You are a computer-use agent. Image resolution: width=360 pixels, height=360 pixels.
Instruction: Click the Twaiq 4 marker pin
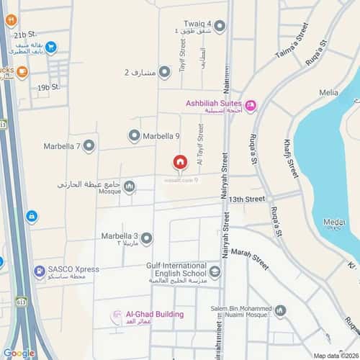pos(220,27)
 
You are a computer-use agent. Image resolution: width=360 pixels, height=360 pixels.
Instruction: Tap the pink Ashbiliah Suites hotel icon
pos(251,107)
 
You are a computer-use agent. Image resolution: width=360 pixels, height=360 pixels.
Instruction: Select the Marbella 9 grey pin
pos(134,135)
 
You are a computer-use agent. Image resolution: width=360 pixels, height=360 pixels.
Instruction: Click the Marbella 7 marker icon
pos(89,146)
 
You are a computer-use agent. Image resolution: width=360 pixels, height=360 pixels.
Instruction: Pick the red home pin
pos(179,163)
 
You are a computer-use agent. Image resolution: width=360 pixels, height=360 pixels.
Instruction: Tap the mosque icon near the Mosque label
pos(130,187)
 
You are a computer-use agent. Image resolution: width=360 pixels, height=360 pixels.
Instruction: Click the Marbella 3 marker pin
pos(147,238)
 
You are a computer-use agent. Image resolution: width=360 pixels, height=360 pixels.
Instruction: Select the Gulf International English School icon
pos(215,271)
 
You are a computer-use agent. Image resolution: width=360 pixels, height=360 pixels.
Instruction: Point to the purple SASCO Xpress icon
pos(37,272)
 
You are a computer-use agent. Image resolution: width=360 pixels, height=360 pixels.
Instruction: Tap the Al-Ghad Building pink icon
pos(116,317)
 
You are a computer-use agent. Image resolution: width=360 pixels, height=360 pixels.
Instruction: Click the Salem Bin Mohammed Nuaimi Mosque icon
pos(280,311)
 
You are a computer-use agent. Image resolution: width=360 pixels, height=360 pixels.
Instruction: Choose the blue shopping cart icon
pos(51,48)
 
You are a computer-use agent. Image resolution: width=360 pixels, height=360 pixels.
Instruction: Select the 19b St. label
pos(48,87)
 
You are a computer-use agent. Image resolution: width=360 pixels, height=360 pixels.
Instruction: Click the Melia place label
pos(328,92)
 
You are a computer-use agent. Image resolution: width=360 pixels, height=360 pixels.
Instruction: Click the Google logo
pos(19,353)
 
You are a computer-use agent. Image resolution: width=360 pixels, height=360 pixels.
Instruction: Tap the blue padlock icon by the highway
pos(32,216)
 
